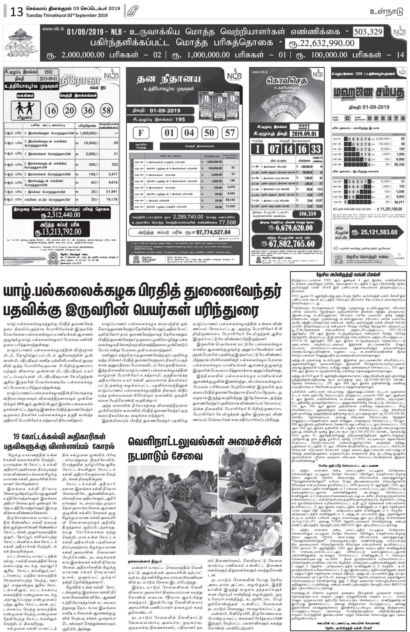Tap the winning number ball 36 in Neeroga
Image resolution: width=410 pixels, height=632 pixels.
click(x=88, y=110)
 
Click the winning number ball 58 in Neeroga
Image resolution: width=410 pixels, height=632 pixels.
click(x=107, y=110)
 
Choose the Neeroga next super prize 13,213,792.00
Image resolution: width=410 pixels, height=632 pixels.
click(x=61, y=232)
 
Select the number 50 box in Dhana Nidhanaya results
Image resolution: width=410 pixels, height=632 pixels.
click(x=209, y=132)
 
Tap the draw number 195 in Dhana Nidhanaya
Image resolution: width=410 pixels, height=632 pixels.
click(x=180, y=119)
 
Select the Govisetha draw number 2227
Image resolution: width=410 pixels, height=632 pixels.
click(x=304, y=127)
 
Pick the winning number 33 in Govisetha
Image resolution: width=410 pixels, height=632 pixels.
click(x=315, y=148)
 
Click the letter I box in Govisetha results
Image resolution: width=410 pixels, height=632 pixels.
click(x=258, y=148)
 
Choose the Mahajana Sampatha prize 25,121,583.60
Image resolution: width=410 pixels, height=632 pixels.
click(x=373, y=232)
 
